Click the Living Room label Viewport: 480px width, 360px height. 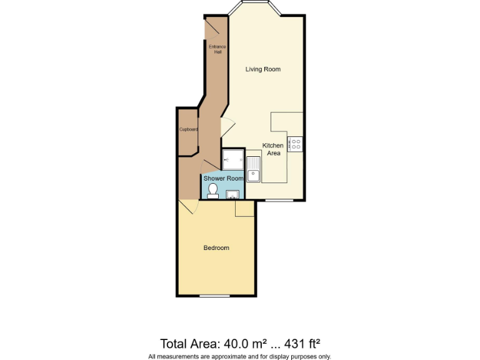tap(262, 69)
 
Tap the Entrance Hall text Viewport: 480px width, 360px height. tap(217, 49)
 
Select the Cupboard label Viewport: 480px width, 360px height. tap(189, 129)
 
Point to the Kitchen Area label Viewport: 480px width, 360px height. tap(273, 149)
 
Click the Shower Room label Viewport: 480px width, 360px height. tap(223, 178)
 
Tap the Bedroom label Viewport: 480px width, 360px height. tap(216, 248)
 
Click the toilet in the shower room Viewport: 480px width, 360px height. tap(212, 190)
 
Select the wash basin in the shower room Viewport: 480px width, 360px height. tap(233, 194)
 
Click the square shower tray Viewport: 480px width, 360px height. tap(232, 159)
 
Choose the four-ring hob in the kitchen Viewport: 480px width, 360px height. tap(295, 144)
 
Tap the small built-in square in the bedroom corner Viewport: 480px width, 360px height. tap(244, 209)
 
